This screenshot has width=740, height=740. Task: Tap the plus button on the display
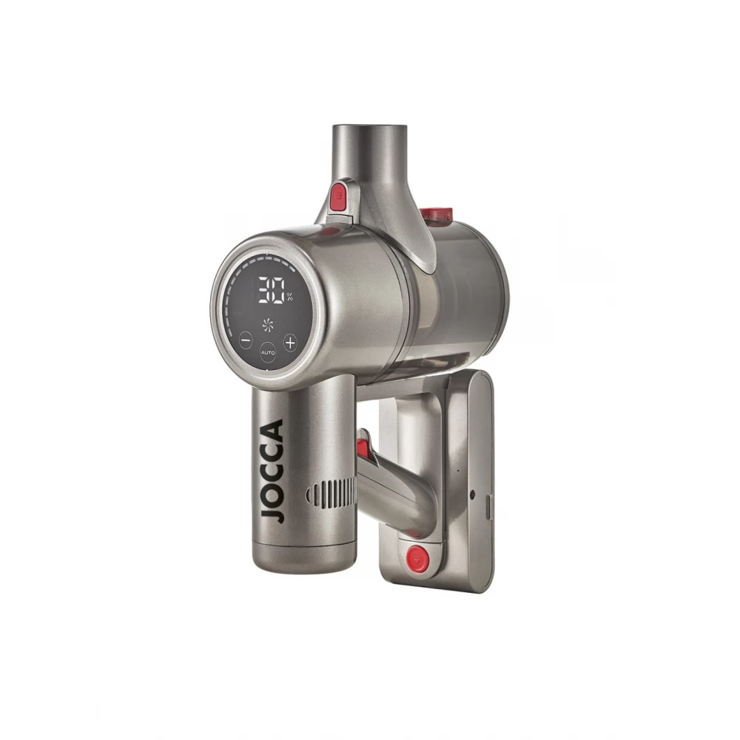click(290, 342)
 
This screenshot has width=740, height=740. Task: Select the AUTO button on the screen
click(268, 352)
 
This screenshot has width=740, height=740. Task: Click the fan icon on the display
click(268, 324)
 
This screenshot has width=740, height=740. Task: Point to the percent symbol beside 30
click(289, 297)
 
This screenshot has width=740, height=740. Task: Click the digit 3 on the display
click(264, 289)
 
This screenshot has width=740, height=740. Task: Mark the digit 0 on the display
click(278, 289)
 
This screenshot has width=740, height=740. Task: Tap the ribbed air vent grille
click(332, 494)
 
